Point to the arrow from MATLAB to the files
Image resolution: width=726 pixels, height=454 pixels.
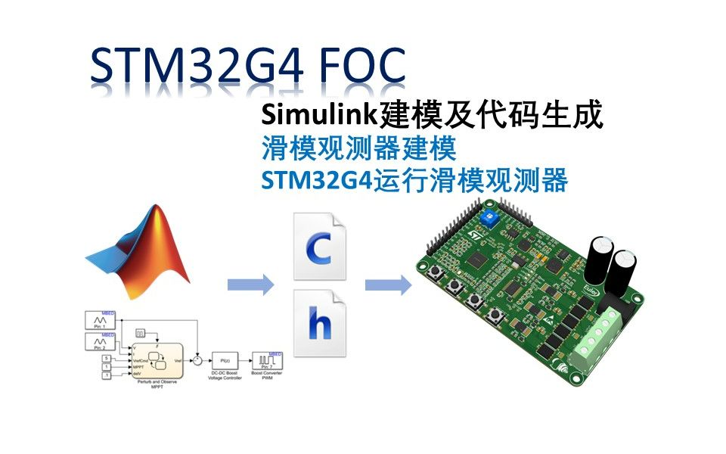coord(250,285)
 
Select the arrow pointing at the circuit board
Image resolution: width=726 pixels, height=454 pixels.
coord(388,285)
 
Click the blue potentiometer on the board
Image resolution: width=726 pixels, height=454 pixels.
coord(486,219)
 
